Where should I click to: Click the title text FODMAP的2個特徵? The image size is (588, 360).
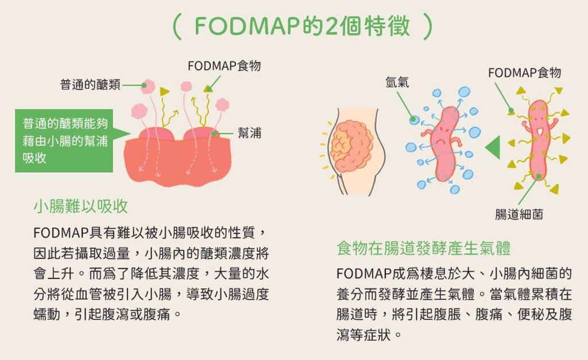coord(302,26)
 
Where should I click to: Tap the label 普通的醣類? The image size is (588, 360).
coord(90,85)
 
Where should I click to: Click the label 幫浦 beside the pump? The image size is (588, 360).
coord(249,133)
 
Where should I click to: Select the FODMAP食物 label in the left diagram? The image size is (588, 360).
coord(225,66)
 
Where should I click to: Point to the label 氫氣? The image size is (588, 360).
coord(397,82)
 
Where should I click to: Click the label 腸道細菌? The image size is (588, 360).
coord(519,215)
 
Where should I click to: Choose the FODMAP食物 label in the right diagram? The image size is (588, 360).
coord(525,72)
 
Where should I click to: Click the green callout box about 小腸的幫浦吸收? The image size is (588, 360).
coord(64,141)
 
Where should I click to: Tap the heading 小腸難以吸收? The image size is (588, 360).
coord(80,206)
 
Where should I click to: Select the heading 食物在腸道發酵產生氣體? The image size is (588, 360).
coord(424,248)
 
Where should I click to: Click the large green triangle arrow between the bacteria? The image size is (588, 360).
coord(493,147)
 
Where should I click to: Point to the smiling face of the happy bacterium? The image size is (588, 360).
coord(539,124)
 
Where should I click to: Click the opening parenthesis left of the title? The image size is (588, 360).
coord(177,26)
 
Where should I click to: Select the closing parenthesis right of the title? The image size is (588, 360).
coord(428,26)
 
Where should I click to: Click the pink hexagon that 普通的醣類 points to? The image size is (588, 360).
coord(148,86)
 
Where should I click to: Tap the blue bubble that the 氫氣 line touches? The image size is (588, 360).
coord(413,120)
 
